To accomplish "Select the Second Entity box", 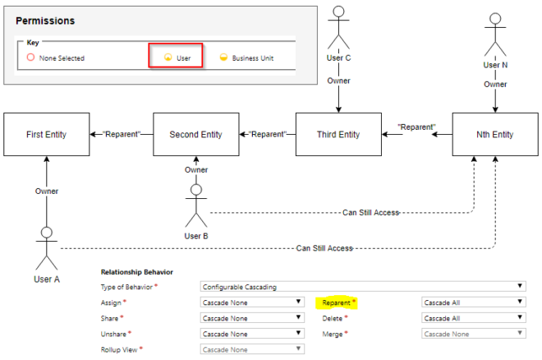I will tap(195, 135).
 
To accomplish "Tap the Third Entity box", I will tap(338, 135).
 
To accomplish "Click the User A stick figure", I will tap(47, 247).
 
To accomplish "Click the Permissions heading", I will tap(44, 20).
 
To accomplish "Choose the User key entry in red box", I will tap(175, 58).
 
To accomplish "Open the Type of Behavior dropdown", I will tap(362, 287).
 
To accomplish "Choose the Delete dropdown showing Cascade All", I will tap(473, 317).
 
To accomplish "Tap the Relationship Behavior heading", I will tap(136, 271).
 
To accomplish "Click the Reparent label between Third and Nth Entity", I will tap(416, 127).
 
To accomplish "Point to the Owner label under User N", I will tap(494, 84).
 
